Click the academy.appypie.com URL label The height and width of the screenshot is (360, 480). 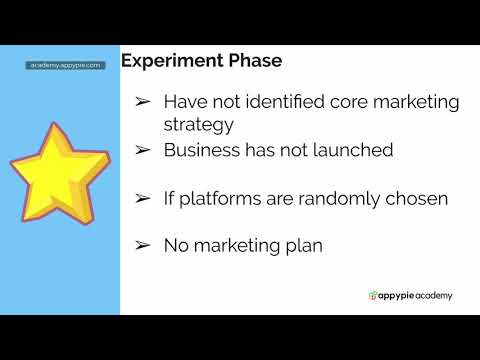pyautogui.click(x=65, y=65)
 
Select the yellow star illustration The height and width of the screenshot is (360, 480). pyautogui.click(x=59, y=171)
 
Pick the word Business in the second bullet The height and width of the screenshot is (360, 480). pyautogui.click(x=199, y=150)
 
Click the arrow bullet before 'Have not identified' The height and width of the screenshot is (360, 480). pyautogui.click(x=143, y=103)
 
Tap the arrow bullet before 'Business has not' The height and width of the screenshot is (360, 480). pyautogui.click(x=143, y=150)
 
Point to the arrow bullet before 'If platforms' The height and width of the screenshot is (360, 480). pyautogui.click(x=143, y=198)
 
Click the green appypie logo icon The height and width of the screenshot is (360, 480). pyautogui.click(x=373, y=295)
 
